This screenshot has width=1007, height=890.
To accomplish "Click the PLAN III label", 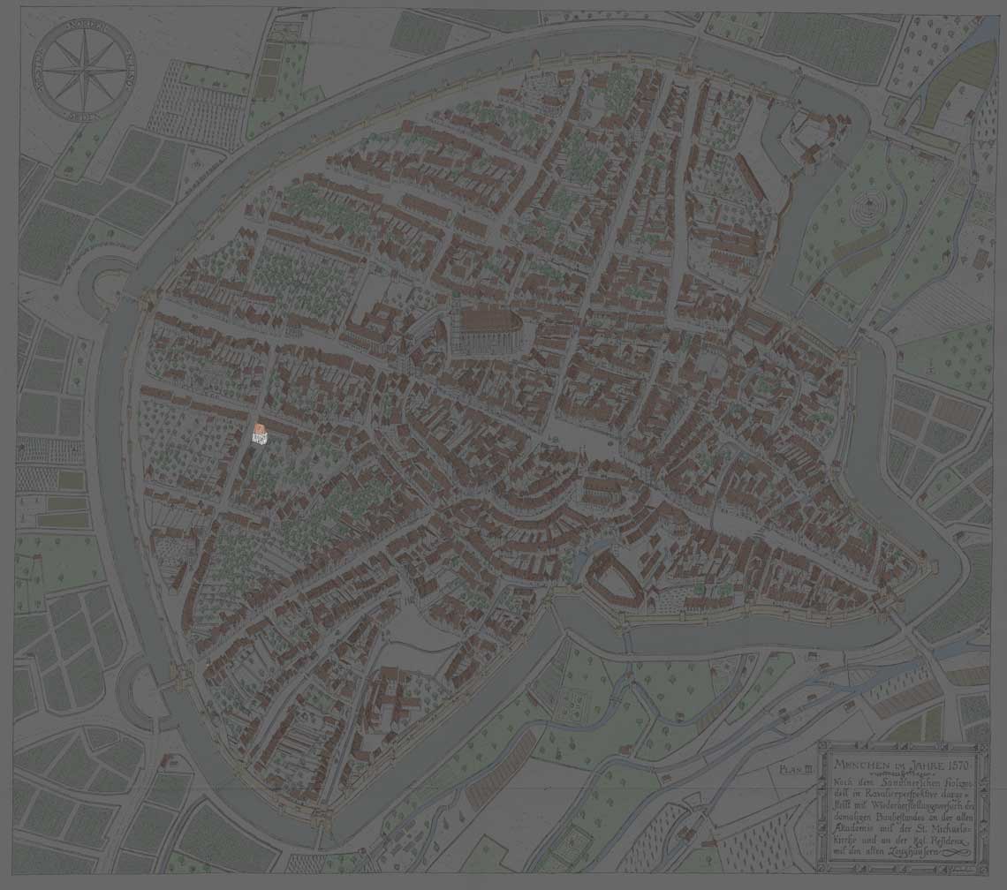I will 796,770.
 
